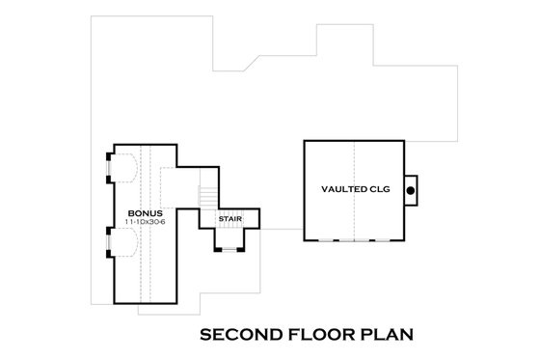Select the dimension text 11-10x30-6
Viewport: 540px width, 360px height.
147,221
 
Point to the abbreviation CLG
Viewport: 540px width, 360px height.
378,190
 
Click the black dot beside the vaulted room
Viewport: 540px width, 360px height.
410,191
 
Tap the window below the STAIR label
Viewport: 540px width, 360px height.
231,250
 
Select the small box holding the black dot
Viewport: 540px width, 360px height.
411,191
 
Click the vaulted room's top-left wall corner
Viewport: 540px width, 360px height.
304,143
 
